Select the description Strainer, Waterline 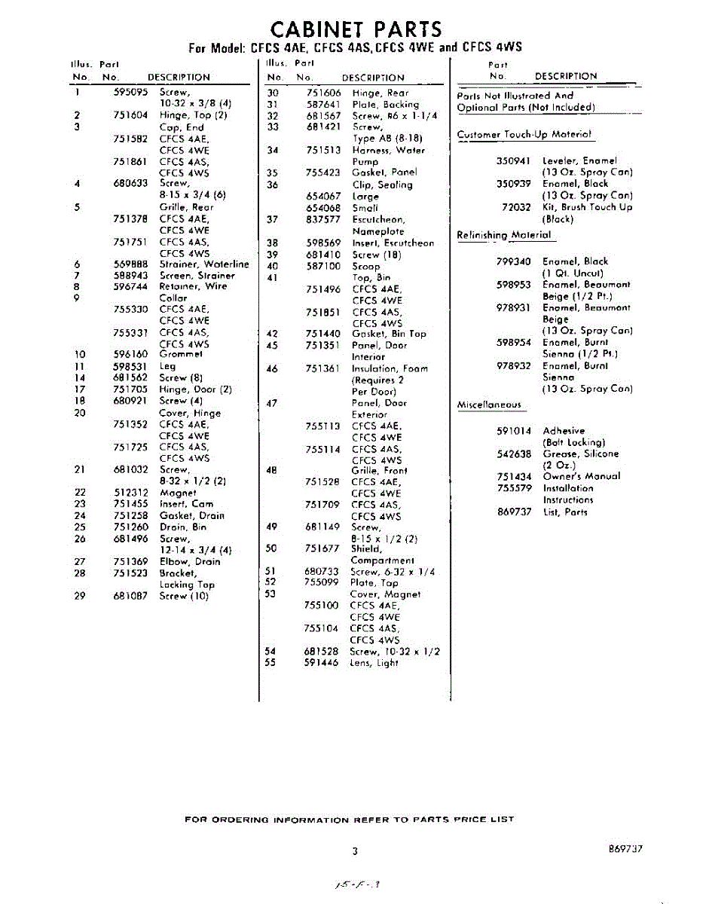[x=204, y=264]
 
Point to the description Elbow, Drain [x=190, y=561]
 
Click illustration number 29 [x=80, y=596]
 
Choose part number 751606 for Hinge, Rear [x=324, y=93]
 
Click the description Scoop [x=366, y=266]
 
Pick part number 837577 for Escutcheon [x=324, y=219]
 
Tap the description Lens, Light [x=374, y=663]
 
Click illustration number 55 [x=271, y=663]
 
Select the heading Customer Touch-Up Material [x=524, y=135]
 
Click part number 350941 [x=513, y=160]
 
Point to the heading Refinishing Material [x=504, y=235]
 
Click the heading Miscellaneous [x=489, y=405]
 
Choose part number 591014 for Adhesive [x=514, y=431]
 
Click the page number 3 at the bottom [x=354, y=851]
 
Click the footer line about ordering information [x=350, y=819]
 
